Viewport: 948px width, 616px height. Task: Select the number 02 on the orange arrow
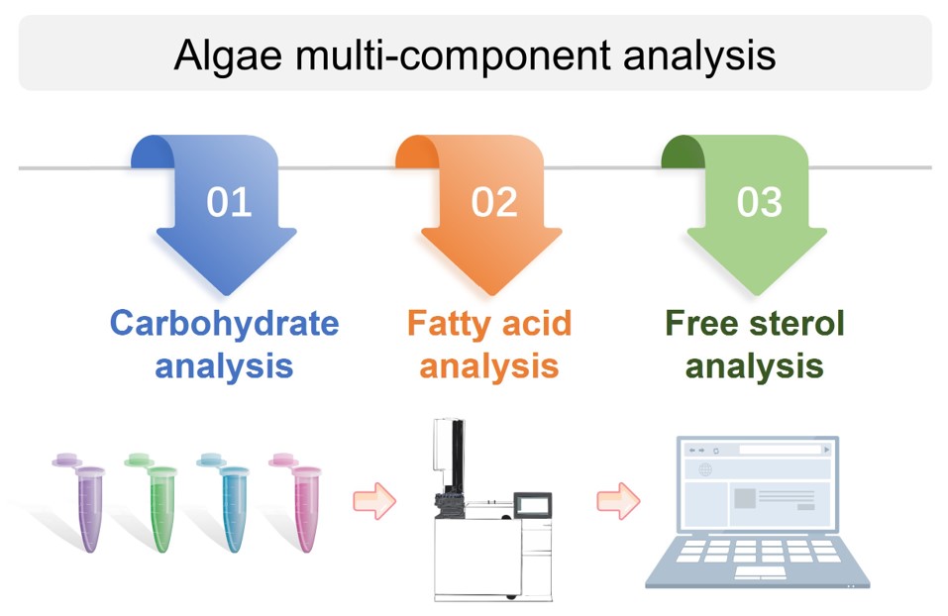(493, 202)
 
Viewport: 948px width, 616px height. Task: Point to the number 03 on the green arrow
(759, 202)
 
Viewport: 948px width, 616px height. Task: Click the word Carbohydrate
(224, 323)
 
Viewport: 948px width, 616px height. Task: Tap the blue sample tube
(228, 505)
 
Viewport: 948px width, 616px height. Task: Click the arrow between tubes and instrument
(374, 500)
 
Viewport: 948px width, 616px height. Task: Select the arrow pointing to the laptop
(617, 500)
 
